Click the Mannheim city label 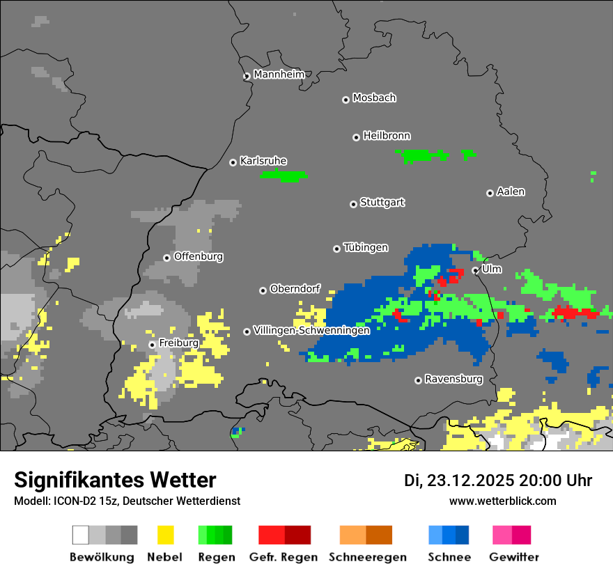coord(279,75)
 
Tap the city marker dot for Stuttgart coord(353,204)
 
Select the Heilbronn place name coord(387,136)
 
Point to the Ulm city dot coord(476,270)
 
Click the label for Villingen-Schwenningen coord(311,331)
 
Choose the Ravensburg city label coord(453,380)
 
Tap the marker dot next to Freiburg coord(152,345)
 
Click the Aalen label coord(511,192)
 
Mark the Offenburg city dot coord(166,258)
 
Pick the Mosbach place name coord(374,98)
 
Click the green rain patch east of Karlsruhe coord(284,175)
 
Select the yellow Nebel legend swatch coord(165,535)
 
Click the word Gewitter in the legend coord(514,557)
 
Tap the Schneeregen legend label coord(367,557)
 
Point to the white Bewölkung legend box coord(80,535)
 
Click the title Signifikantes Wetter coord(115,480)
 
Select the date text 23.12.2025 coord(471,481)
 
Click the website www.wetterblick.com coord(502,501)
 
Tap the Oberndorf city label coord(295,289)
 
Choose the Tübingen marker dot coord(336,249)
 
